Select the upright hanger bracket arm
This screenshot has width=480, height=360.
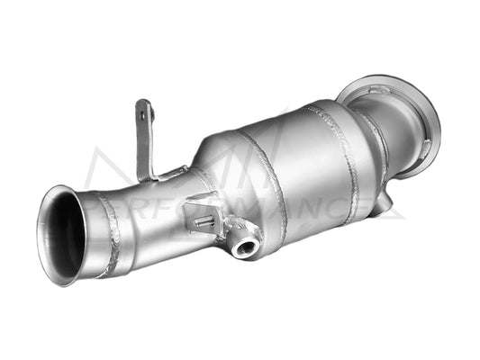pyautogui.click(x=144, y=135)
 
